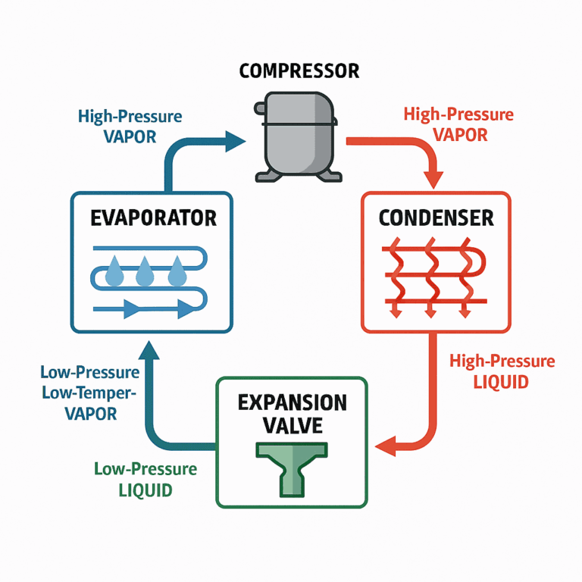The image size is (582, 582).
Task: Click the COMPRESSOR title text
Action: (x=299, y=71)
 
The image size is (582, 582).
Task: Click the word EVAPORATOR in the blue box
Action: (x=153, y=218)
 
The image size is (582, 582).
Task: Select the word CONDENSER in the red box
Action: (x=436, y=218)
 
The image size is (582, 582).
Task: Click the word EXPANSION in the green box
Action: (x=293, y=402)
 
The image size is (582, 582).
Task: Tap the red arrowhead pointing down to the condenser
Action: (x=433, y=179)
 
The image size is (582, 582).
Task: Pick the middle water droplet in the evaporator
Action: (x=145, y=272)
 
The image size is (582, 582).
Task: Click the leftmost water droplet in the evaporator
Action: (x=114, y=272)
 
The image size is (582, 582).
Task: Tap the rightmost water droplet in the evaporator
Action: (x=177, y=272)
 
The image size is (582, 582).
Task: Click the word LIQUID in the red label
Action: (x=501, y=382)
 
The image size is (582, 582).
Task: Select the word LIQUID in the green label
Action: (x=145, y=490)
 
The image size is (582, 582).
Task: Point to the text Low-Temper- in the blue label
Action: (x=89, y=393)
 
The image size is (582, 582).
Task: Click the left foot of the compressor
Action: (x=267, y=177)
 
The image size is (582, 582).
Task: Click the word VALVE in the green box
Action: (x=292, y=425)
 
